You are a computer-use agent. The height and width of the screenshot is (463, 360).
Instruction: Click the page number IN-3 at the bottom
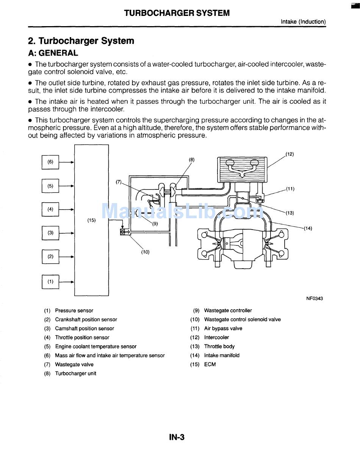(x=177, y=437)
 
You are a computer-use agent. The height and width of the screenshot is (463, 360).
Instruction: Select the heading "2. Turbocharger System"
(x=81, y=41)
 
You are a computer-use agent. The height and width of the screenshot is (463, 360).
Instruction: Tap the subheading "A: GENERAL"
(x=53, y=53)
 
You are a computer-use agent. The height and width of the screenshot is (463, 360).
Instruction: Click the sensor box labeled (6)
(x=50, y=162)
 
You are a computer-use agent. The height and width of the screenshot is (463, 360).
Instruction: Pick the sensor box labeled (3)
(x=50, y=233)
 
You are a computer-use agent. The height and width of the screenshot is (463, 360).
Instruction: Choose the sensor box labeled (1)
(x=50, y=282)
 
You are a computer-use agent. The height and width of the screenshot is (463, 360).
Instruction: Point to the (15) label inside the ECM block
(x=91, y=220)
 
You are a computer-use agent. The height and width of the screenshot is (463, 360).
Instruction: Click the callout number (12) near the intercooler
(x=290, y=154)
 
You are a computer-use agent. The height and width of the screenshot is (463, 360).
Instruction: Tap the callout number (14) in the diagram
(x=308, y=228)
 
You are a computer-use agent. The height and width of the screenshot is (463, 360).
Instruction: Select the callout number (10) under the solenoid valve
(x=146, y=252)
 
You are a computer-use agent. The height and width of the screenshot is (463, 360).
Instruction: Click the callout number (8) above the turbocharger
(x=192, y=160)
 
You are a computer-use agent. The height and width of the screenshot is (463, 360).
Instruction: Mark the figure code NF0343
(x=315, y=299)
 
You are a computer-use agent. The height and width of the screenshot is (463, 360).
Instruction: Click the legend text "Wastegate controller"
(x=228, y=311)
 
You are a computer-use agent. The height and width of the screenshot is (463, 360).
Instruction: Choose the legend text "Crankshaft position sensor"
(x=86, y=320)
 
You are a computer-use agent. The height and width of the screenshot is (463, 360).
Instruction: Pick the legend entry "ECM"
(x=210, y=364)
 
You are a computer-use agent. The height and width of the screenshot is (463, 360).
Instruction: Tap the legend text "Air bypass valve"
(x=223, y=328)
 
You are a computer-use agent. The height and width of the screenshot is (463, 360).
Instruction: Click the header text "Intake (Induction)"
(x=303, y=22)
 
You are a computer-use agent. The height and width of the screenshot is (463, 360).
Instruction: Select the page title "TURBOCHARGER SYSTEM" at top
(x=177, y=13)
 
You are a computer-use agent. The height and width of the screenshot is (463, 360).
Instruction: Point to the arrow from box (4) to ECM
(x=67, y=209)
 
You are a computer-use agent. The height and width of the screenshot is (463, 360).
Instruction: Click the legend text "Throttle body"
(x=219, y=347)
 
